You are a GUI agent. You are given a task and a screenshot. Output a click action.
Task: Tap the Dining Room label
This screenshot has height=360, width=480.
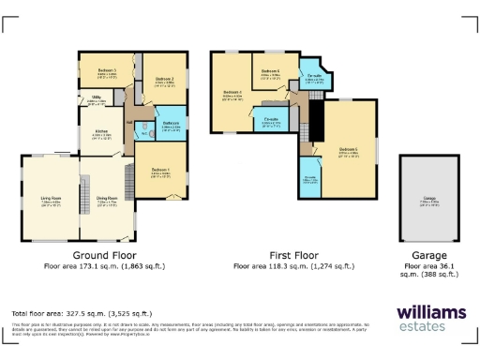point(107,199)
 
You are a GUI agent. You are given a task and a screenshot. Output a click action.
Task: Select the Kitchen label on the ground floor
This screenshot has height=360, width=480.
point(101,132)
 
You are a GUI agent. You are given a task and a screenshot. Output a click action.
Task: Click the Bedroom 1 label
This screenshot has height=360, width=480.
point(160,172)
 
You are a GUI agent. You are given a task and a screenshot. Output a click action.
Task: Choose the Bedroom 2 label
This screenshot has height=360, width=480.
point(165,79)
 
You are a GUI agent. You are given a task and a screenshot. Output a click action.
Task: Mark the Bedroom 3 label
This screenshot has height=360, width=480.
point(107,72)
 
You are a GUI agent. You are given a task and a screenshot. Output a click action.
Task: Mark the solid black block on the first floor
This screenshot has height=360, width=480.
point(315,112)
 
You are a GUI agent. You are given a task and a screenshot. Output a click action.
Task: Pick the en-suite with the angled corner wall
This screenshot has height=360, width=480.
point(314,79)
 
